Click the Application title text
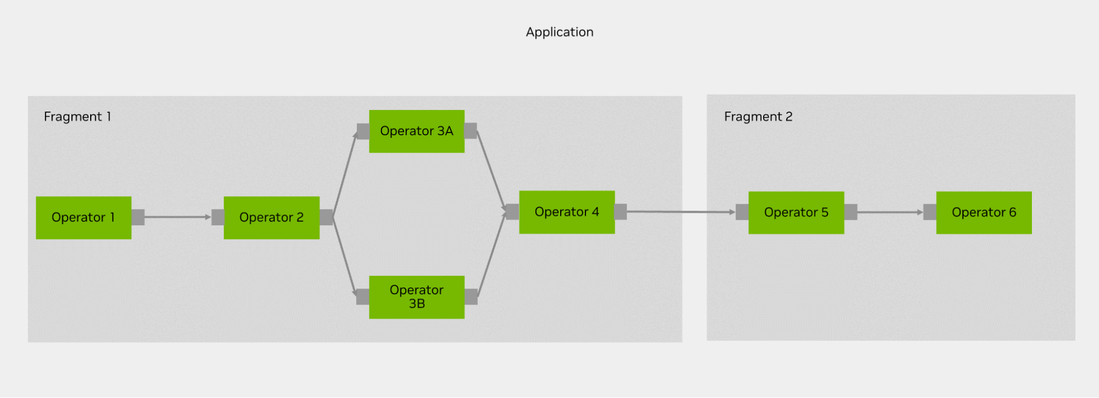click(560, 32)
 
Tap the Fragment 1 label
click(78, 117)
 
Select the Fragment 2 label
click(758, 117)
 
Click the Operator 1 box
click(84, 218)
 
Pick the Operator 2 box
click(272, 218)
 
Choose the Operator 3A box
click(417, 131)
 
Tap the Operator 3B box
click(417, 297)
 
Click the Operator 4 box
click(567, 212)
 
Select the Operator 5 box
click(796, 213)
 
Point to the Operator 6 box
click(984, 213)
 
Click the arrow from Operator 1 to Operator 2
click(178, 217)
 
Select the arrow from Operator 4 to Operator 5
click(681, 212)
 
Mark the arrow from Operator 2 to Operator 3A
click(345, 174)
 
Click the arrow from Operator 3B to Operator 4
click(492, 254)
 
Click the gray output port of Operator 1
click(138, 217)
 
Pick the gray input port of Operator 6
click(930, 212)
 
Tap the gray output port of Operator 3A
click(471, 131)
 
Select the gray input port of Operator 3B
click(363, 297)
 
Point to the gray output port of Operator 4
click(621, 212)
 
